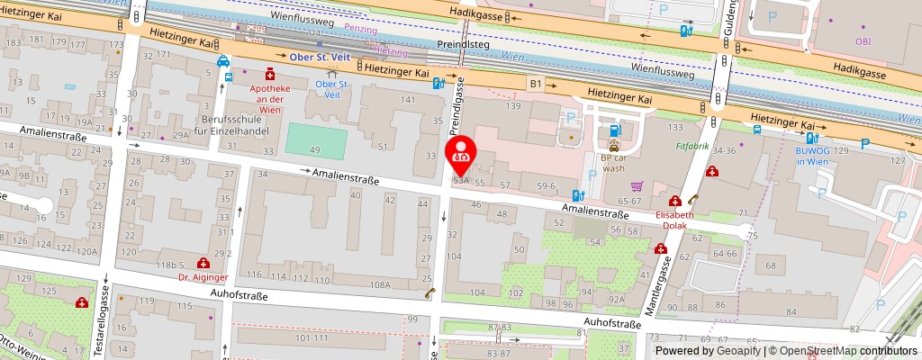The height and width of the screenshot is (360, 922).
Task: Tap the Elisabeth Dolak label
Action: (674, 220)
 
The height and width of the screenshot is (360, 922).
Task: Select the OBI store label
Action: (863, 40)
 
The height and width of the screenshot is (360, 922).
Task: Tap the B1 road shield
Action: (536, 83)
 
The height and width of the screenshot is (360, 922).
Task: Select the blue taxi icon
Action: (221, 62)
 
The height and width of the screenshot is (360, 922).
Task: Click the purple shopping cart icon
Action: (637, 186)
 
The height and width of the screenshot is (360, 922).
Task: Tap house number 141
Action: (407, 99)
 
